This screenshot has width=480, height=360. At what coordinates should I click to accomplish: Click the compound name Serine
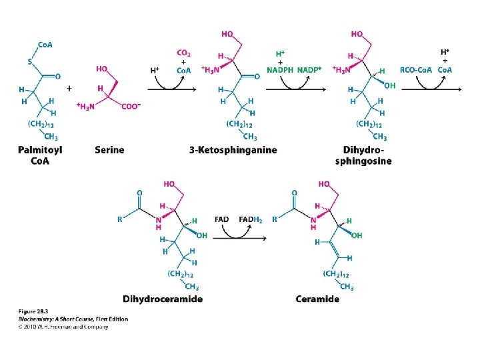[109, 150]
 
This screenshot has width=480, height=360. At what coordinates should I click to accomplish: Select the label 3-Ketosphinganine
[233, 150]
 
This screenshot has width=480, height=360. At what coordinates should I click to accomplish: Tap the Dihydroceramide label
[163, 299]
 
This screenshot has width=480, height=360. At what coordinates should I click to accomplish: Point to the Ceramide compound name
[317, 299]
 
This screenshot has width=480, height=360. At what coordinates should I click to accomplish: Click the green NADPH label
[281, 70]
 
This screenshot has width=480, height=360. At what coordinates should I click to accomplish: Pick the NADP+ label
[310, 70]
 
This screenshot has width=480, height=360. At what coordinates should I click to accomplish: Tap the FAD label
[223, 219]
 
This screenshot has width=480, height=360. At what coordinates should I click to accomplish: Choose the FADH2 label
[250, 219]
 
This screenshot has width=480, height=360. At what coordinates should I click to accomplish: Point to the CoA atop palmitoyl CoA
[45, 45]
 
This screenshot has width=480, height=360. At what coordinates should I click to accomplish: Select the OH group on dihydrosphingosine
[389, 85]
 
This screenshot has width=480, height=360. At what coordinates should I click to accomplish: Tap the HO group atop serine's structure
[102, 68]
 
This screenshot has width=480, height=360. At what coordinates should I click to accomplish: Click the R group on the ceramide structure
[274, 219]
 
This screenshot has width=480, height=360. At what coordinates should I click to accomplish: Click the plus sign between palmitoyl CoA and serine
[69, 87]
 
